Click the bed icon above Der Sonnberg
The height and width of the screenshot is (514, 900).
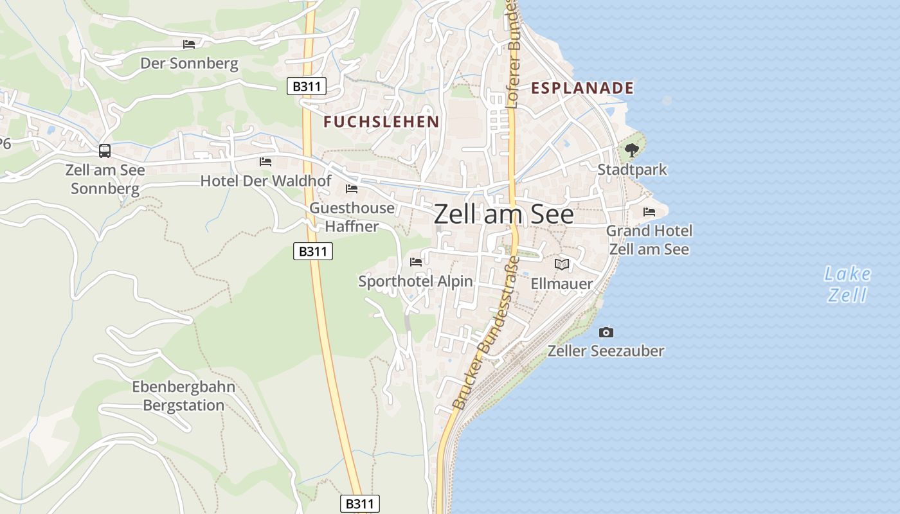(x=189, y=44)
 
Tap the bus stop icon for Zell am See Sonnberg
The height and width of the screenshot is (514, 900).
(x=104, y=151)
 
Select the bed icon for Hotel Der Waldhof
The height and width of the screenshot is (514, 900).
(x=265, y=161)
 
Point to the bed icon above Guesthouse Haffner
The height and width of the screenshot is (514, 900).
(x=352, y=188)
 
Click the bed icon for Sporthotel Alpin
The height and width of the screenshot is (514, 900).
(x=416, y=261)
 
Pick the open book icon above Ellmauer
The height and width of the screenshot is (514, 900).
(x=562, y=264)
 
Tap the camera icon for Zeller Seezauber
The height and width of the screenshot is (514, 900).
(x=606, y=332)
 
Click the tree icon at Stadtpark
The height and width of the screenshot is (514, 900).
(x=632, y=150)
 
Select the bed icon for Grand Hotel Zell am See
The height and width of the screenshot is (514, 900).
(x=649, y=211)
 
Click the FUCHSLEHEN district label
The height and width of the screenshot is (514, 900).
(x=381, y=121)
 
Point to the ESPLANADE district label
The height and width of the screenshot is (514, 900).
(x=582, y=88)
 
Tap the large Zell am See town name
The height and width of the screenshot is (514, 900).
(x=504, y=214)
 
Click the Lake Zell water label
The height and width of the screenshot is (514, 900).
(x=847, y=285)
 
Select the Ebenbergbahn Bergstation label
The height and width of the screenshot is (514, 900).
(x=184, y=396)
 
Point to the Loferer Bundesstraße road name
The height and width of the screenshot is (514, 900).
(x=513, y=55)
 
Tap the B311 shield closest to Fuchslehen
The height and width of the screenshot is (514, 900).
(x=307, y=86)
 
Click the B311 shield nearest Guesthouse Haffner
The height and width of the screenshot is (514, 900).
(x=313, y=251)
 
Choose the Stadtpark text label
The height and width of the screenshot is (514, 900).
(x=632, y=170)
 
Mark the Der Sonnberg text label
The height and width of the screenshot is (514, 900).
(x=189, y=64)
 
